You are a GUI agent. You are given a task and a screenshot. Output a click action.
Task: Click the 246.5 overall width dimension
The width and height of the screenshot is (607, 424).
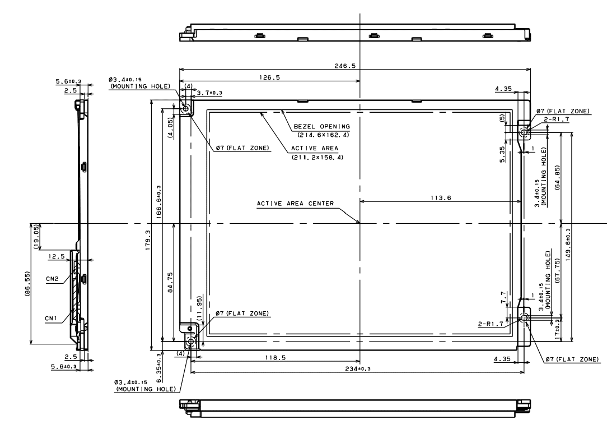coord(344,66)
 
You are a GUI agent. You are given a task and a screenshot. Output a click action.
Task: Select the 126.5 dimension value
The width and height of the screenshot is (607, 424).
coord(269,77)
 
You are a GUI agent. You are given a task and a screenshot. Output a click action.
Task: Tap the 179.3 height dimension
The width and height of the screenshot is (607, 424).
coord(148,240)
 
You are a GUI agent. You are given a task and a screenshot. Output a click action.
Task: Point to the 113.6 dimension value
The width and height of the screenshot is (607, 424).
coord(441,198)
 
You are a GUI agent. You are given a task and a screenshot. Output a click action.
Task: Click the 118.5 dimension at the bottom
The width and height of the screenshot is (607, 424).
coord(276,357)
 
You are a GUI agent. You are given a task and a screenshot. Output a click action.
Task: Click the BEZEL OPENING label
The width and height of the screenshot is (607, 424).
coord(321,126)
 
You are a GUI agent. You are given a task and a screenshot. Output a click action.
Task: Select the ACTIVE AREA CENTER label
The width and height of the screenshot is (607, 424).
coord(295,204)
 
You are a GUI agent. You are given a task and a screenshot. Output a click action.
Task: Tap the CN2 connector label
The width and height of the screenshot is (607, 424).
coord(52,279)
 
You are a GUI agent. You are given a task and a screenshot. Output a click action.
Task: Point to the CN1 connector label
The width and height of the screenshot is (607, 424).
coord(51,319)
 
